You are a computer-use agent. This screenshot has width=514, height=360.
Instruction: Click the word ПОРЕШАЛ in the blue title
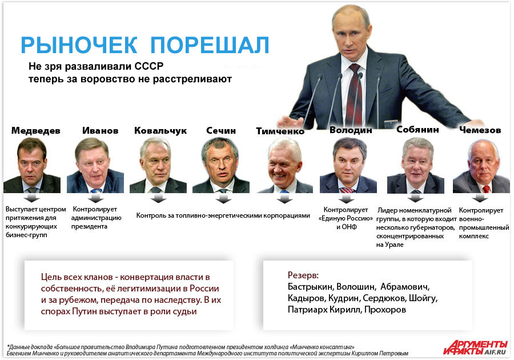pyautogui.click(x=210, y=45)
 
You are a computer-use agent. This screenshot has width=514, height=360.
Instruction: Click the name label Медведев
pyautogui.click(x=36, y=130)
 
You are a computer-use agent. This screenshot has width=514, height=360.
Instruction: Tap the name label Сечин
pyautogui.click(x=221, y=130)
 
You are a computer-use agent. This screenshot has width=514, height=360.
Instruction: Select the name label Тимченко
pyautogui.click(x=280, y=131)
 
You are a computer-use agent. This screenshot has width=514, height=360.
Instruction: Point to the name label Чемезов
pyautogui.click(x=480, y=130)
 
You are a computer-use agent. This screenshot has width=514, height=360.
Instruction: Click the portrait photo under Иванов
pyautogui.click(x=95, y=165)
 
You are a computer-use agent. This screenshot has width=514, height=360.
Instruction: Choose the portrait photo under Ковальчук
pyautogui.click(x=158, y=165)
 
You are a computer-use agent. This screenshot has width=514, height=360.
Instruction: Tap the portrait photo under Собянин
pyautogui.click(x=416, y=165)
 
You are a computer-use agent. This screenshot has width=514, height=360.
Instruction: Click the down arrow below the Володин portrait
pyautogui.click(x=346, y=198)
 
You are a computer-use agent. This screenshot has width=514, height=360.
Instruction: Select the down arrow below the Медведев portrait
pyautogui.click(x=32, y=198)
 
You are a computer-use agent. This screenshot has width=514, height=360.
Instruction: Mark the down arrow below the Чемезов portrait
pyautogui.click(x=480, y=198)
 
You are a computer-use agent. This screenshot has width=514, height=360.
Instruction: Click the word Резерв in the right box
pyautogui.click(x=303, y=275)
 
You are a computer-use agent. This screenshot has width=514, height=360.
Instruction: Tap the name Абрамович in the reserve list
pyautogui.click(x=405, y=287)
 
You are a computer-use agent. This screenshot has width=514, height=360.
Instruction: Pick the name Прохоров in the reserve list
pyautogui.click(x=385, y=310)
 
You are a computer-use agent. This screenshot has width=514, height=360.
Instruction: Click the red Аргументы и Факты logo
pyautogui.click(x=475, y=347)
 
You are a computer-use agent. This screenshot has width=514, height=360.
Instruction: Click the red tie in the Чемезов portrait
pyautogui.click(x=486, y=189)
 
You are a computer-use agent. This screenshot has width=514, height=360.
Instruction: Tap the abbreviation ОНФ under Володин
pyautogui.click(x=349, y=227)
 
